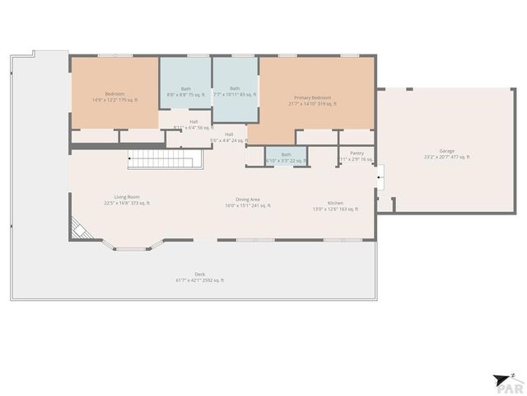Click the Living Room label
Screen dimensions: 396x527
pos(126,196)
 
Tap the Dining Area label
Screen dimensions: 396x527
pos(248,199)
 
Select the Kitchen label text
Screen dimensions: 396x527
pos(335,203)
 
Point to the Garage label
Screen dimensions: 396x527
pos(446,151)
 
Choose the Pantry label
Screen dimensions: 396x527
pos(357,153)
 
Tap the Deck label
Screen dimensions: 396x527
pos(199,274)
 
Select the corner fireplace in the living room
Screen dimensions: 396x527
pos(80,228)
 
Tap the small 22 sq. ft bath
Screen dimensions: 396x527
pos(286,155)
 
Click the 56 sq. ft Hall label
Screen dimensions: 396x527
pos(193,122)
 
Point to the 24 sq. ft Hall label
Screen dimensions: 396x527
pos(229,134)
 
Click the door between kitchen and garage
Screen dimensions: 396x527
pos(380,176)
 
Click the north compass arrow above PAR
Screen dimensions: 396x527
pos(503,378)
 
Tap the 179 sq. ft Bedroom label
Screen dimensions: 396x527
pos(114,94)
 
